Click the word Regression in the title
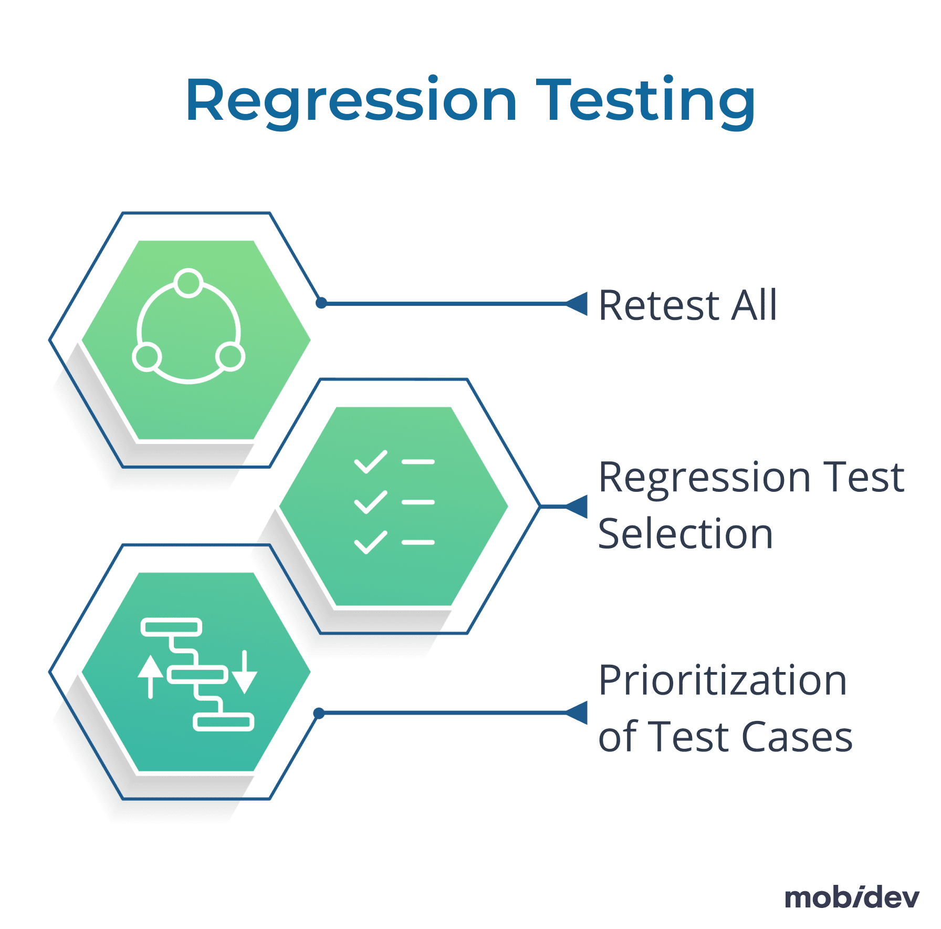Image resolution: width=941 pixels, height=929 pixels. tap(351, 101)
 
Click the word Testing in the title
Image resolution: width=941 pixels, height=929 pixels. tap(645, 101)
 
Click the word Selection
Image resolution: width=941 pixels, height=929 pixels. tap(685, 534)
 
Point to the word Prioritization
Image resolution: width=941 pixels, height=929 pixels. tap(723, 680)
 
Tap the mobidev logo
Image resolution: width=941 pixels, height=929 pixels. tap(851, 898)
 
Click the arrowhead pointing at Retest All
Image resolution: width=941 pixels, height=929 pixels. tap(578, 304)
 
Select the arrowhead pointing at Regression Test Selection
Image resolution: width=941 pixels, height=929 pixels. tap(578, 507)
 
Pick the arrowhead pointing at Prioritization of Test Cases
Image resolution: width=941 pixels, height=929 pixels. tap(578, 713)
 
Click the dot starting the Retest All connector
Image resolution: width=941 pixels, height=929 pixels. tap(321, 303)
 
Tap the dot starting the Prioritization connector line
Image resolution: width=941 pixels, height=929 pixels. tap(319, 713)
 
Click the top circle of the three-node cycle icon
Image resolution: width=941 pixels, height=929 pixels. tap(189, 283)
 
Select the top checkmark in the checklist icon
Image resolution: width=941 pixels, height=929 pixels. tap(371, 462)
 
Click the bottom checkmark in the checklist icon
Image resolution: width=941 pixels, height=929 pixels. tap(371, 542)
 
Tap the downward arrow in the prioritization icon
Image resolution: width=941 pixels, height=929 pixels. tap(245, 673)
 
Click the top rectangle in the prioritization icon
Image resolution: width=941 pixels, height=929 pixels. tap(171, 627)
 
